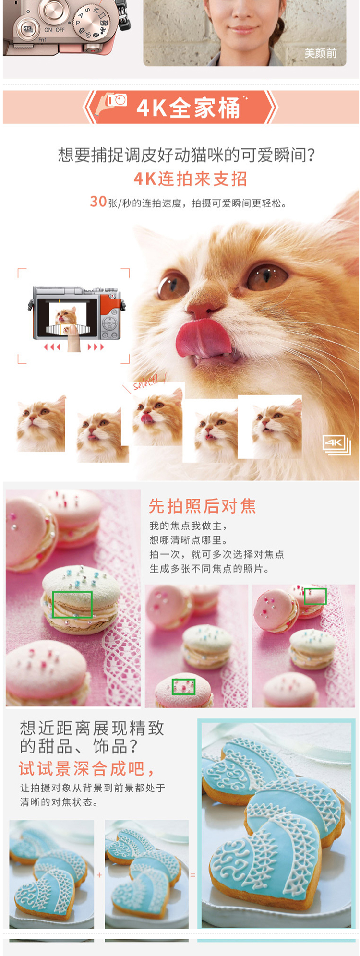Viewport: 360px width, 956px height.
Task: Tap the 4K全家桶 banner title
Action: [188, 108]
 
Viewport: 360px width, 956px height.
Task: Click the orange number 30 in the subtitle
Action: [98, 202]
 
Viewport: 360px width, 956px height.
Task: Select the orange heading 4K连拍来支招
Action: [191, 179]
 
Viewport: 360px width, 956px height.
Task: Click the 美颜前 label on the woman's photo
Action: [321, 53]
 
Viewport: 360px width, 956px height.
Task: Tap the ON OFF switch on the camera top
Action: [54, 30]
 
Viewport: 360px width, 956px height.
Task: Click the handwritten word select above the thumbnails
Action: [145, 382]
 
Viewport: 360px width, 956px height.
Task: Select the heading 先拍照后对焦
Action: [203, 506]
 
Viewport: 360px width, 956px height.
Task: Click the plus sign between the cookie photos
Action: [99, 875]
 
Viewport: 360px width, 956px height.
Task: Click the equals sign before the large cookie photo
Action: [193, 875]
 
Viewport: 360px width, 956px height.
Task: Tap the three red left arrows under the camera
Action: [52, 347]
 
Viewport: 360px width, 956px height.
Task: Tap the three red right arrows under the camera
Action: [96, 347]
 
